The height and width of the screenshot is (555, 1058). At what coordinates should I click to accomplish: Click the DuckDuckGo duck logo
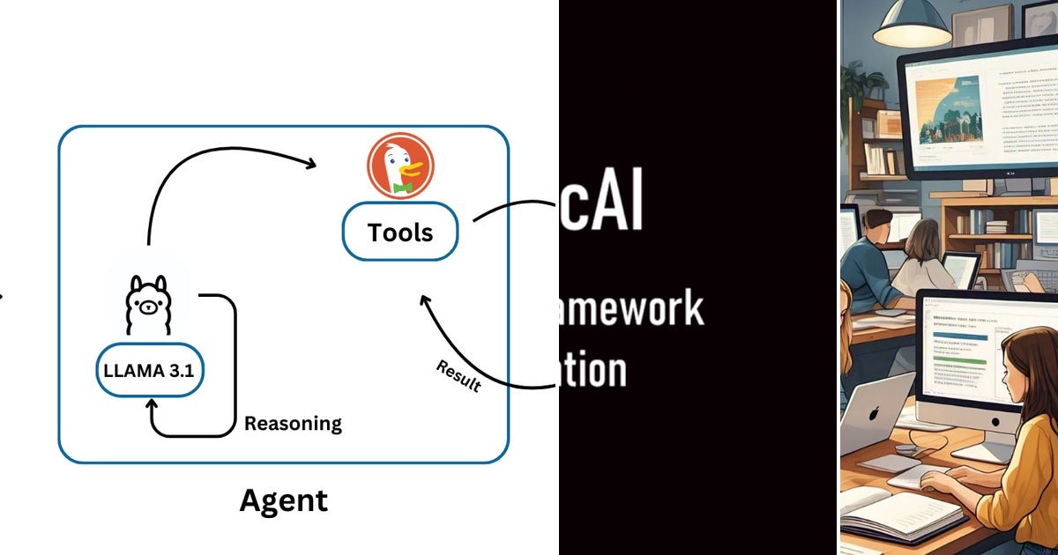(396, 168)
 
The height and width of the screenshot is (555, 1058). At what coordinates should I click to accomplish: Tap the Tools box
(400, 232)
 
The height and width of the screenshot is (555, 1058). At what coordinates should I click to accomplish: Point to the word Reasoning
(293, 424)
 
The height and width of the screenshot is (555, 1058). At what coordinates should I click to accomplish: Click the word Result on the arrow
(458, 376)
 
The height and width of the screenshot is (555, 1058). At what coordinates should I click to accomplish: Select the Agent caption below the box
(283, 500)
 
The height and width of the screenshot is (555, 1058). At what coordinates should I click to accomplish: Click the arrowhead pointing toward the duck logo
(310, 163)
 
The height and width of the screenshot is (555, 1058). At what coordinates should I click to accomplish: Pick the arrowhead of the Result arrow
(425, 301)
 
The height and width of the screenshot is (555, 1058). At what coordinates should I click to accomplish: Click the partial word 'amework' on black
(631, 308)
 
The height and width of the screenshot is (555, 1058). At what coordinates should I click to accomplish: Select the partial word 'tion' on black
(593, 371)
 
